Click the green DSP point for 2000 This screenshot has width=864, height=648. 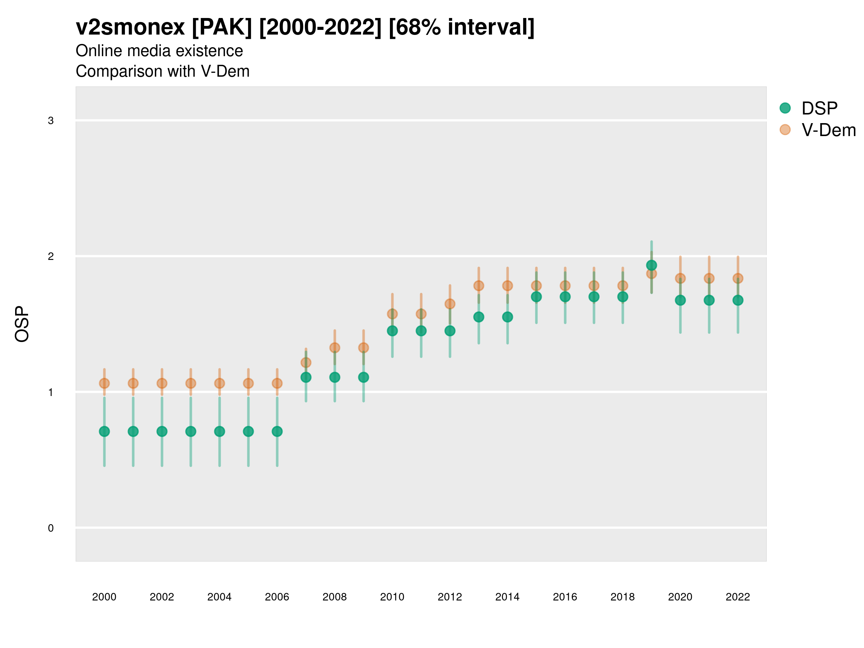[104, 431]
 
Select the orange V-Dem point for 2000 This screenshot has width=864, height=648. [104, 383]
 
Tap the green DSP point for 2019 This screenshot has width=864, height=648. [652, 265]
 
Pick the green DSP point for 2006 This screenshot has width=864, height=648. [277, 431]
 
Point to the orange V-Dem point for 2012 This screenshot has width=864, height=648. [450, 303]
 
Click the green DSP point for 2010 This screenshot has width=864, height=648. [392, 331]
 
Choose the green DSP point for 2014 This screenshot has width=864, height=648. [507, 317]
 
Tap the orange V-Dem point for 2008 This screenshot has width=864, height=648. [335, 348]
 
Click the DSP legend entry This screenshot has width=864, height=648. [819, 108]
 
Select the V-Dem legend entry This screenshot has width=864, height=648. [828, 130]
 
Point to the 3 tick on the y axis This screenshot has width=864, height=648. [51, 121]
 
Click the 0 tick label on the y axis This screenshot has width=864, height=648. [51, 528]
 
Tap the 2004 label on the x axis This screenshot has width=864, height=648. [220, 597]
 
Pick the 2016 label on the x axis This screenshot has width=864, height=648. [565, 597]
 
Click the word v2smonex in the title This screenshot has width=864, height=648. [130, 27]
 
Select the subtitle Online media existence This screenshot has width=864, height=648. [159, 51]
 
